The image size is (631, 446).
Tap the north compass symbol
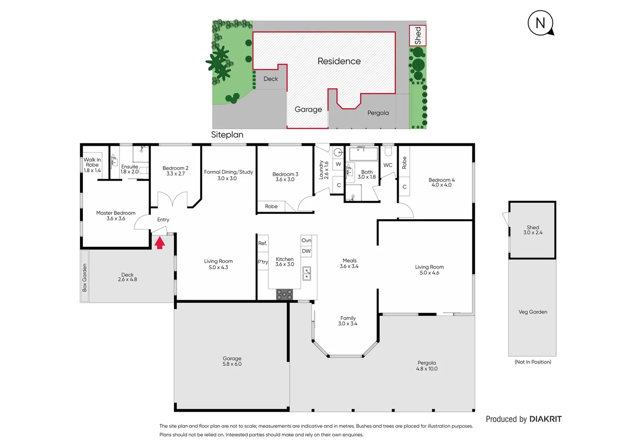click(541, 23)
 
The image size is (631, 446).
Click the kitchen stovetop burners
click(284, 294)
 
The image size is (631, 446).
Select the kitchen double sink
click(306, 273)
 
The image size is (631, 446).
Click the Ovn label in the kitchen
click(306, 240)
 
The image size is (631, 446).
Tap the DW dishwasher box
click(306, 251)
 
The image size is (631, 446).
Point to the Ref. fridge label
click(263, 243)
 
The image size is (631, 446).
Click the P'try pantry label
click(263, 262)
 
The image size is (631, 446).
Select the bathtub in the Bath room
click(363, 154)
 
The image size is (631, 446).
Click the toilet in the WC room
click(388, 151)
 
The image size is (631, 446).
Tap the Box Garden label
click(85, 278)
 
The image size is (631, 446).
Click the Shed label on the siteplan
click(418, 36)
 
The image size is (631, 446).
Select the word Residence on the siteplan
click(339, 61)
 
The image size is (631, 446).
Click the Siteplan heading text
click(227, 135)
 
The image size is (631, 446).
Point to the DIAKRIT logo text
click(545, 419)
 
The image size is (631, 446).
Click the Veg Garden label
click(533, 312)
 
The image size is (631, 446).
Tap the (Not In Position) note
click(533, 362)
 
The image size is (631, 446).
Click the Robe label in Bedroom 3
click(271, 206)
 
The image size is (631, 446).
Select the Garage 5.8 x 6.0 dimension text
click(232, 364)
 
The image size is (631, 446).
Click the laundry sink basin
click(338, 152)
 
